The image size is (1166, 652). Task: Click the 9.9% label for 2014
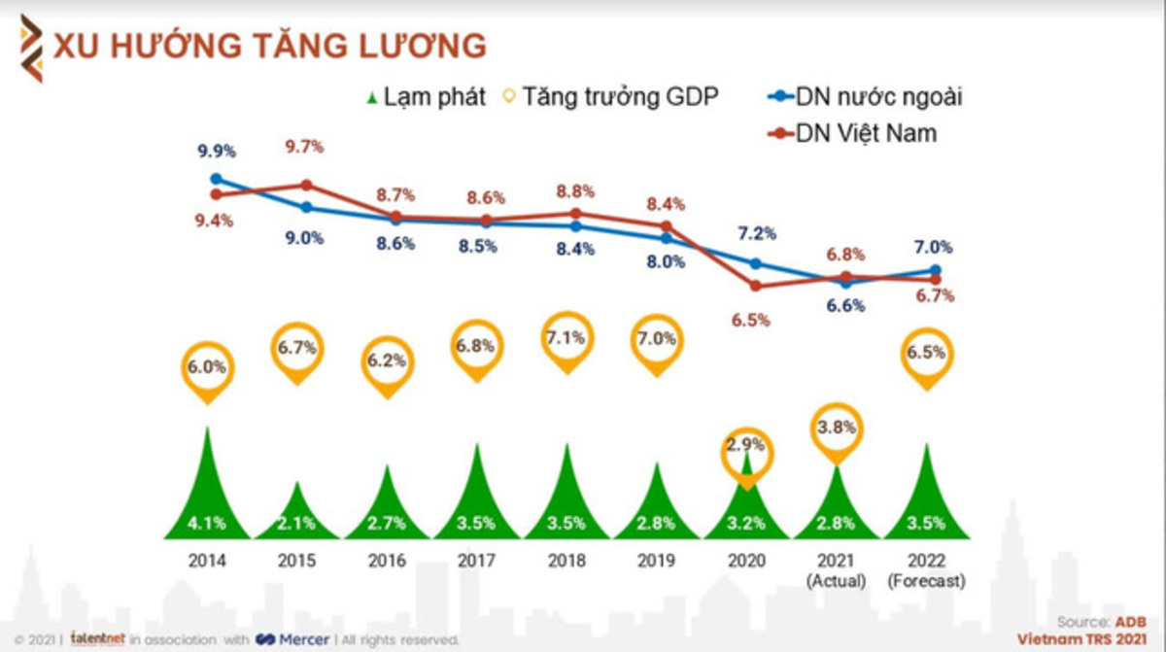[216, 152]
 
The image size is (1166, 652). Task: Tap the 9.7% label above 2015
[304, 147]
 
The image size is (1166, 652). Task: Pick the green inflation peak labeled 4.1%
[207, 496]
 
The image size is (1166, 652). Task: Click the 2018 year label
[566, 561]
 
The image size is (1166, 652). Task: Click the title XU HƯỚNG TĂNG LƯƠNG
[270, 46]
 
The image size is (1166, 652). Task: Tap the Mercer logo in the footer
[292, 639]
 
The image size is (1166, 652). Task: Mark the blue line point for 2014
[216, 179]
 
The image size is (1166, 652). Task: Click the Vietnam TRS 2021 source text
[1081, 638]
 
